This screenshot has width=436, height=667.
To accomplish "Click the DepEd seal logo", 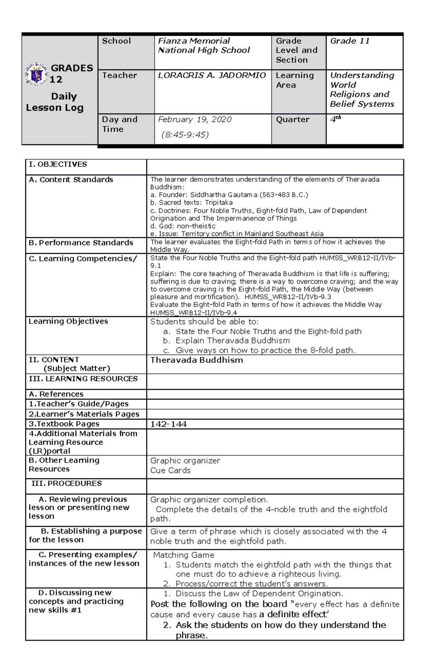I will point(37,74).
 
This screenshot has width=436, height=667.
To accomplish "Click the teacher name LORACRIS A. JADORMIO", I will point(212,75).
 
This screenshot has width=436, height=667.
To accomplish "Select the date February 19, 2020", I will point(194,120).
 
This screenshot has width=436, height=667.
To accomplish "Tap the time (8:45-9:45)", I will point(185,135).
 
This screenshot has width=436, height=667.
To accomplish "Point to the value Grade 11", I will point(350,41).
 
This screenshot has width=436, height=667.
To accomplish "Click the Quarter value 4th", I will point(335,119).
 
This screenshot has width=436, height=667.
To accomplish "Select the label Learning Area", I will point(295,80).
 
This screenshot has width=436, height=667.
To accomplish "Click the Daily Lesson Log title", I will point(55,102).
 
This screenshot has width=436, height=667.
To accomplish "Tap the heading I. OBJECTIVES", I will point(58,164).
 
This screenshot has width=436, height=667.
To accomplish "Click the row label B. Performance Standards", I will point(81,242).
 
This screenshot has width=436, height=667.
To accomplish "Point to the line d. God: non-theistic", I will point(183,226).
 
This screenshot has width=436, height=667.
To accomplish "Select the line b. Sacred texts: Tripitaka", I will point(191,202).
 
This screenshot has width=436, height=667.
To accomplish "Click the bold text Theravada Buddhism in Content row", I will point(197,360).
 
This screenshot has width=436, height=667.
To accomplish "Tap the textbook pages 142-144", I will point(168,424).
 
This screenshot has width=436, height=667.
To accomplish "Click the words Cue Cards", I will point(170,470).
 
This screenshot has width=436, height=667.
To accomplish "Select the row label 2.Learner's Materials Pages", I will point(84,414).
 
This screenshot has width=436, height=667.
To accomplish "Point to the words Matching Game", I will point(183,555).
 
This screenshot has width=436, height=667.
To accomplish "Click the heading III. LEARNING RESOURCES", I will point(83,379).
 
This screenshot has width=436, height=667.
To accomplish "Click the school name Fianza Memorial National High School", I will point(204,45).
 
